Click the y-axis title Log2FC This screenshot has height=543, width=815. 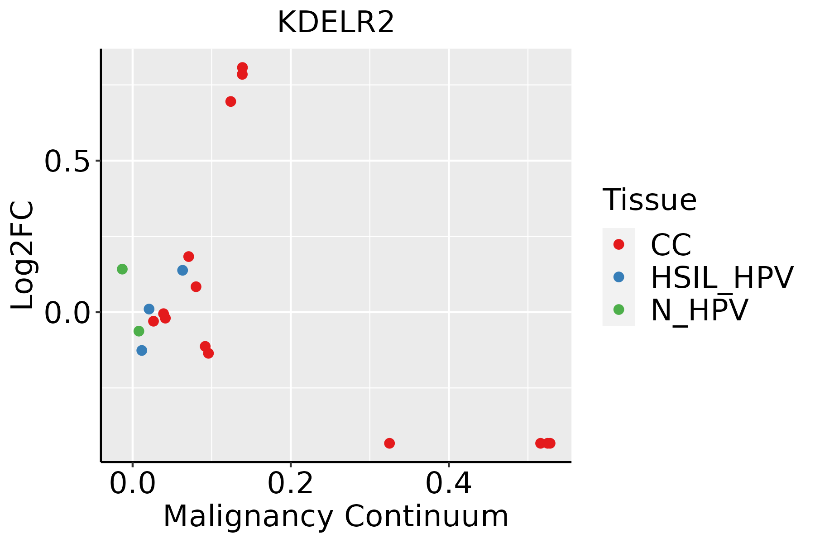coord(23,255)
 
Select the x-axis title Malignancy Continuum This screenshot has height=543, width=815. coord(336,516)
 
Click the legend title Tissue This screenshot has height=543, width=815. coord(649,200)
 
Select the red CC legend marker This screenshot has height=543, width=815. coord(618,244)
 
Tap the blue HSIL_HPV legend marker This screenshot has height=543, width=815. coord(618,277)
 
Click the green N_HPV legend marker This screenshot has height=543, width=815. coord(618,310)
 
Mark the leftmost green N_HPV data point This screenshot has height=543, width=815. coord(122,269)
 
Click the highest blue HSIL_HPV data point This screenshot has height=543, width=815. coord(182,270)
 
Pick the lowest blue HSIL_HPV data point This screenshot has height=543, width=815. coord(142,350)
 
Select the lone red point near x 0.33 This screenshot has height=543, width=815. coord(389,443)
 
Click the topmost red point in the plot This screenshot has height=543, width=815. coord(242,67)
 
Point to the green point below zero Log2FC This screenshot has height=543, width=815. coord(139,331)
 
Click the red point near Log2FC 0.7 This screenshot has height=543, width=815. coord(230,101)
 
